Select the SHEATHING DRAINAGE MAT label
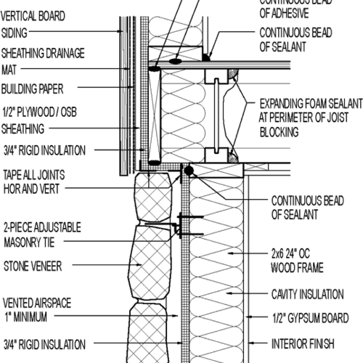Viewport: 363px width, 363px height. coord(43,61)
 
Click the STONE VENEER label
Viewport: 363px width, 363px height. coord(33,266)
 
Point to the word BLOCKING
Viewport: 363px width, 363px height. coord(279,133)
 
